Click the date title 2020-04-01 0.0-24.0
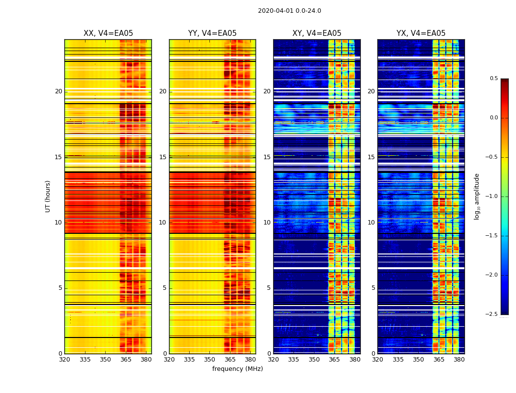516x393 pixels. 289,11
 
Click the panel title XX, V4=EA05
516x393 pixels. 108,33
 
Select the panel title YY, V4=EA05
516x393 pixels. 212,33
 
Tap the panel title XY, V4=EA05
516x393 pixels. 316,33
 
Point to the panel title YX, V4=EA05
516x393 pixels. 421,33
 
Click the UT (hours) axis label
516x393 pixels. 48,196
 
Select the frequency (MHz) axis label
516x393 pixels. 237,369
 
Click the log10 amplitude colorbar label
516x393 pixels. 477,196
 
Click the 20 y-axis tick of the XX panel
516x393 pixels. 58,91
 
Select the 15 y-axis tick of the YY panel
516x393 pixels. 163,157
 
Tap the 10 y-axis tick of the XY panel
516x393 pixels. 267,223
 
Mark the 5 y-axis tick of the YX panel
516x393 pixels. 373,288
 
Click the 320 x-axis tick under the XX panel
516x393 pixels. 65,360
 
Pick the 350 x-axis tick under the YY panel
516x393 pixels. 210,360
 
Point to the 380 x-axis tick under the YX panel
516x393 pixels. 459,360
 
